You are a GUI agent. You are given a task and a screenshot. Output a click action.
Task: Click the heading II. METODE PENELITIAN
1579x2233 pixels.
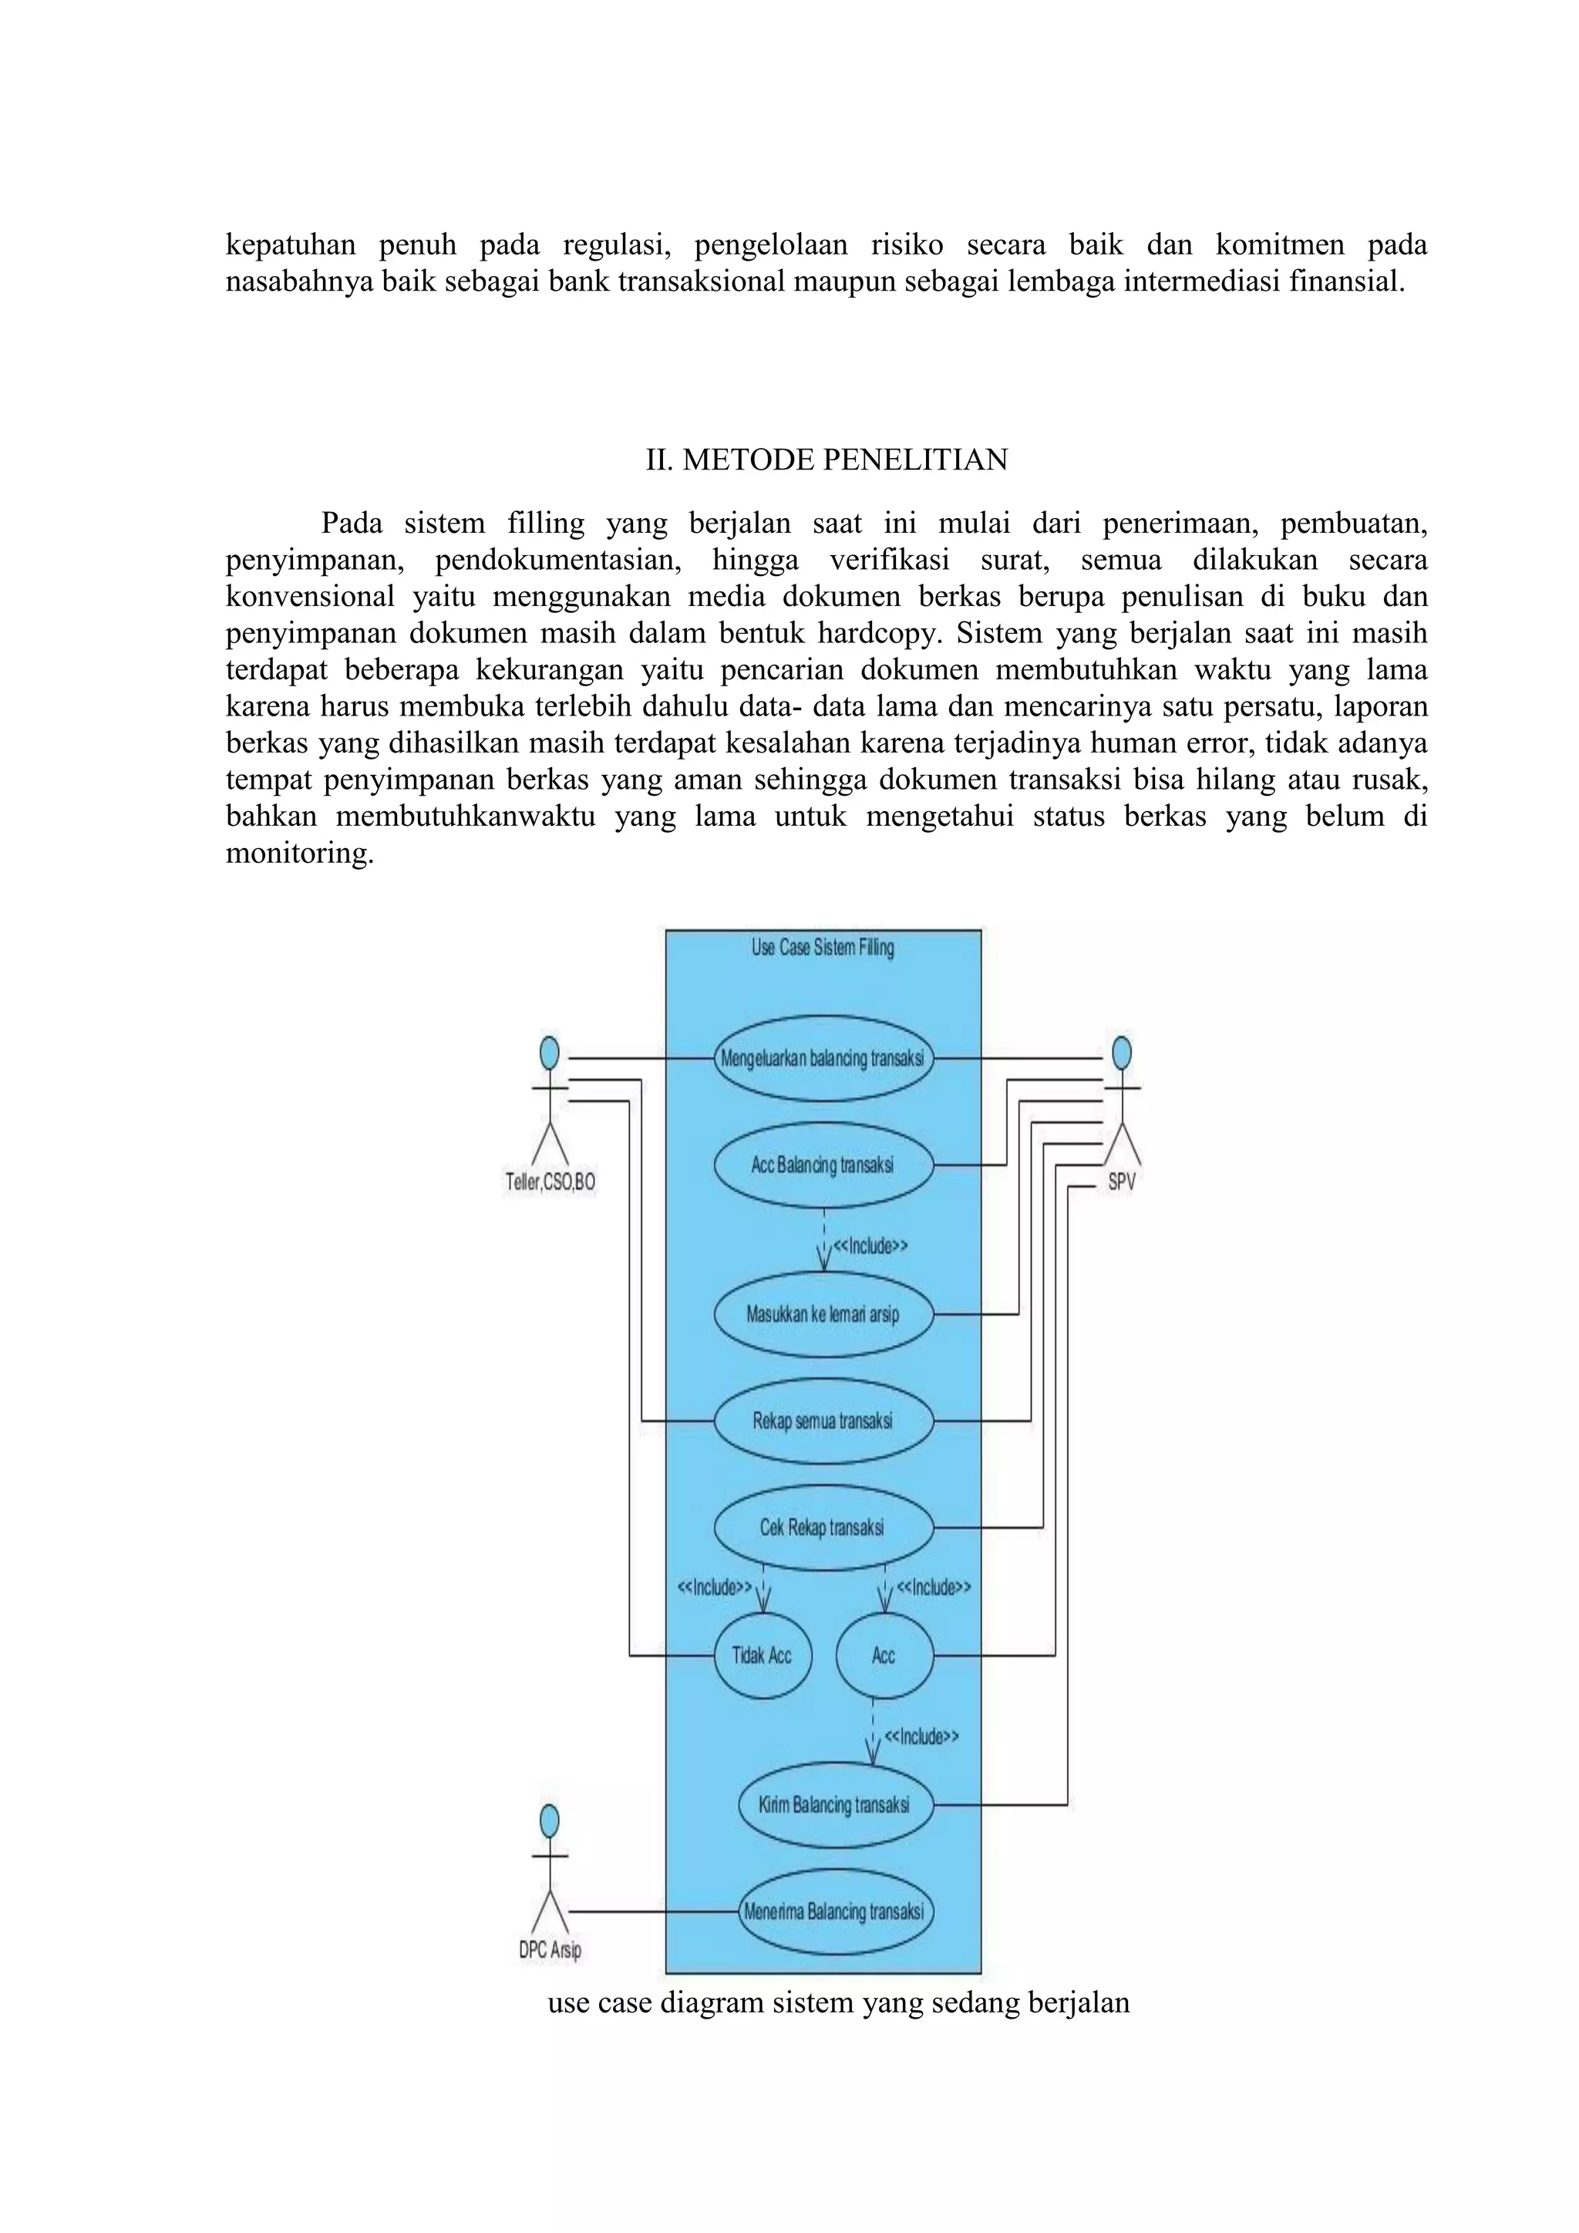pyautogui.click(x=827, y=460)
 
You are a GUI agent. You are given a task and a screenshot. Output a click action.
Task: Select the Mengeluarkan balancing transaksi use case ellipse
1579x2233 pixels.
pyautogui.click(x=823, y=1058)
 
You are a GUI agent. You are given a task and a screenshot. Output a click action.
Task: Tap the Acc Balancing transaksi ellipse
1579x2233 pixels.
pyautogui.click(x=823, y=1165)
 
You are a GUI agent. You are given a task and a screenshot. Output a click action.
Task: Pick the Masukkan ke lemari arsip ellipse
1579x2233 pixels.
pyautogui.click(x=823, y=1315)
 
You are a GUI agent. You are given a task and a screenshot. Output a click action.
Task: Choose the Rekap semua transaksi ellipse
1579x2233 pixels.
pyautogui.click(x=823, y=1421)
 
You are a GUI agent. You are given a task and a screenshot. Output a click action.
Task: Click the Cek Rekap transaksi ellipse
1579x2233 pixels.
pyautogui.click(x=823, y=1528)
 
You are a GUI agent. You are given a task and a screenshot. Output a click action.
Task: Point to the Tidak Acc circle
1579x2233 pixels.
pyautogui.click(x=763, y=1655)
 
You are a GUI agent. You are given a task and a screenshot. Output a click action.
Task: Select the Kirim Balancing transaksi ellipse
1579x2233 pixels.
pyautogui.click(x=834, y=1805)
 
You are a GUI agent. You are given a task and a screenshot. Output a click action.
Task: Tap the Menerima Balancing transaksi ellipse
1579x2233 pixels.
pyautogui.click(x=834, y=1912)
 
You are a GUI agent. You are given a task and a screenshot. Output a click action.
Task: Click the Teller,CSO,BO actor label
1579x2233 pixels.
pyautogui.click(x=550, y=1183)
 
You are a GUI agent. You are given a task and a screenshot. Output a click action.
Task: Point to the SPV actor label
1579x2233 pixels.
pyautogui.click(x=1121, y=1184)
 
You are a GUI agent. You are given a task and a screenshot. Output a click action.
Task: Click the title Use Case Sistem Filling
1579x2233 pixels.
pyautogui.click(x=823, y=948)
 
